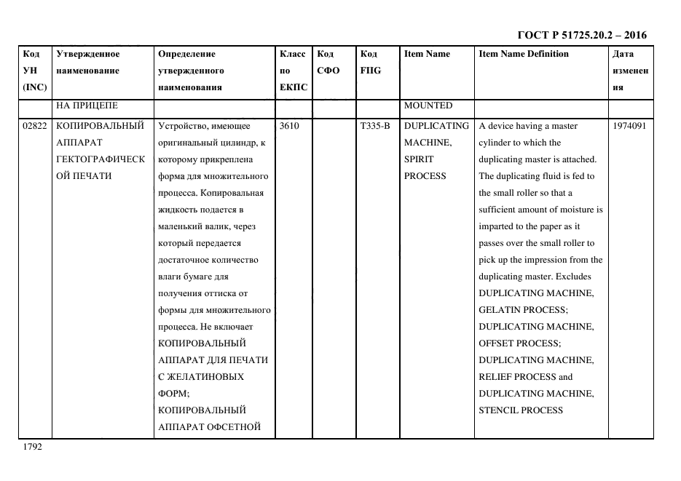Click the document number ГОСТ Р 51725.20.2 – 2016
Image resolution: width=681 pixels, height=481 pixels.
pos(581,35)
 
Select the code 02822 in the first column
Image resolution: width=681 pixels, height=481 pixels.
pos(35,126)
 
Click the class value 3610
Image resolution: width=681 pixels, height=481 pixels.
pos(289,126)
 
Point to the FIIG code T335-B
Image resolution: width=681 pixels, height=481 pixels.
pos(375,126)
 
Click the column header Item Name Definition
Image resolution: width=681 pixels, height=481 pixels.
pos(524,54)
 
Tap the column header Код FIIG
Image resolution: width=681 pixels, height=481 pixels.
pos(371,63)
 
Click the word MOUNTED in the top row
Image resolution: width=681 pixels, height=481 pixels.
pos(428,106)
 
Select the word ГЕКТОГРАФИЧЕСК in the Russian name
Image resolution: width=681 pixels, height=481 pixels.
pos(101,159)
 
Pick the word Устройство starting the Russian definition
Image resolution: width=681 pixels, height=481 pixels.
pos(181,126)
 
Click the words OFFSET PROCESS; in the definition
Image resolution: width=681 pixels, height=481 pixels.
pos(520,343)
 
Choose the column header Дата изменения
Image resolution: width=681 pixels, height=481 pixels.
pos(630,71)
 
